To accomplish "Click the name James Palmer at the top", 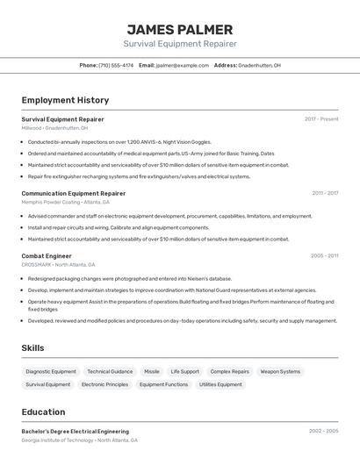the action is pos(179,29).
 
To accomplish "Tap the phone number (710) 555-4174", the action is pos(116,65).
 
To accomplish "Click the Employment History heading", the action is pos(65,101).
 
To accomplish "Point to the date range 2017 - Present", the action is pos(321,119).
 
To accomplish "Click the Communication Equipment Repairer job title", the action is pos(74,193).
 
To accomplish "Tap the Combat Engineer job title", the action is pos(47,256).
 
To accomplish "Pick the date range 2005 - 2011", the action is pos(324,256).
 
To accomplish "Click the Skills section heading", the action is pos(32,348).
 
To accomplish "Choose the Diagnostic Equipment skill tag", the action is pos(51,371).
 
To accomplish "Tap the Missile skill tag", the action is pos(152,371).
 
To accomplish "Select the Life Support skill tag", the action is pos(184,371).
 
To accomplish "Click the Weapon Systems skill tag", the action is pos(280,371).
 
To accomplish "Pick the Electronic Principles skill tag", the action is pos(104,384).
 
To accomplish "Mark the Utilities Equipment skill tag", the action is pos(220,384).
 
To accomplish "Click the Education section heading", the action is pos(43,412).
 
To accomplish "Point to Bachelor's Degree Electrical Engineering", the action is pos(75,432).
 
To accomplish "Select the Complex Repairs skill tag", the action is pos(229,371).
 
